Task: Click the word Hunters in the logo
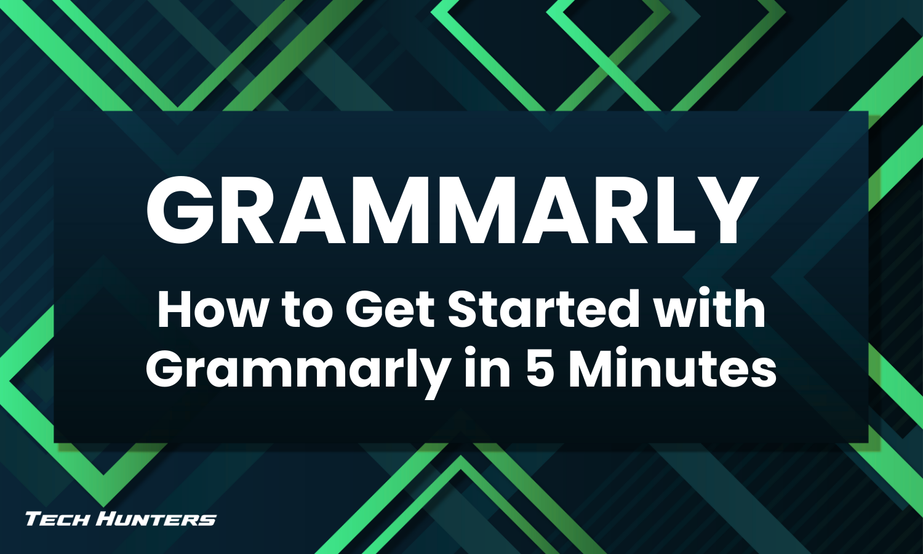tap(158, 519)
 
